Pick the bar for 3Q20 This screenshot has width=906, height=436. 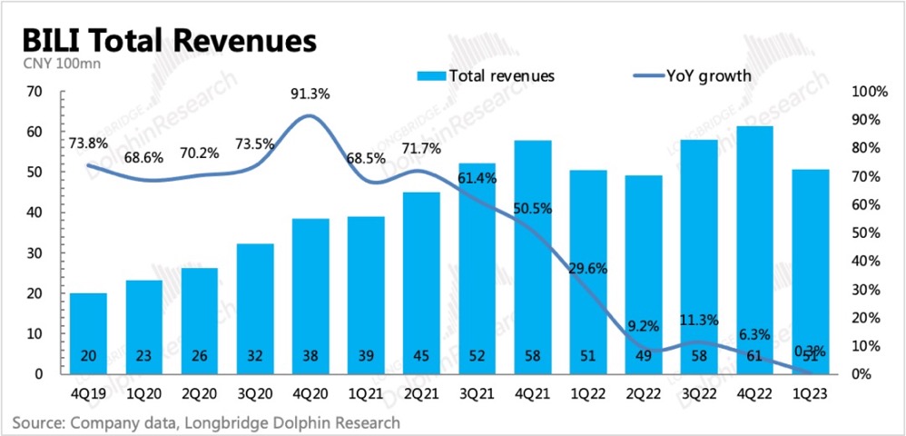255,308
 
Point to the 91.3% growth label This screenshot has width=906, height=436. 310,93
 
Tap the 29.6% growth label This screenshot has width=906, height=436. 589,268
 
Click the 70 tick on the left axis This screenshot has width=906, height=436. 35,92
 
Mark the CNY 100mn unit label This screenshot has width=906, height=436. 52,63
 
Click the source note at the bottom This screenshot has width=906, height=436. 206,422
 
